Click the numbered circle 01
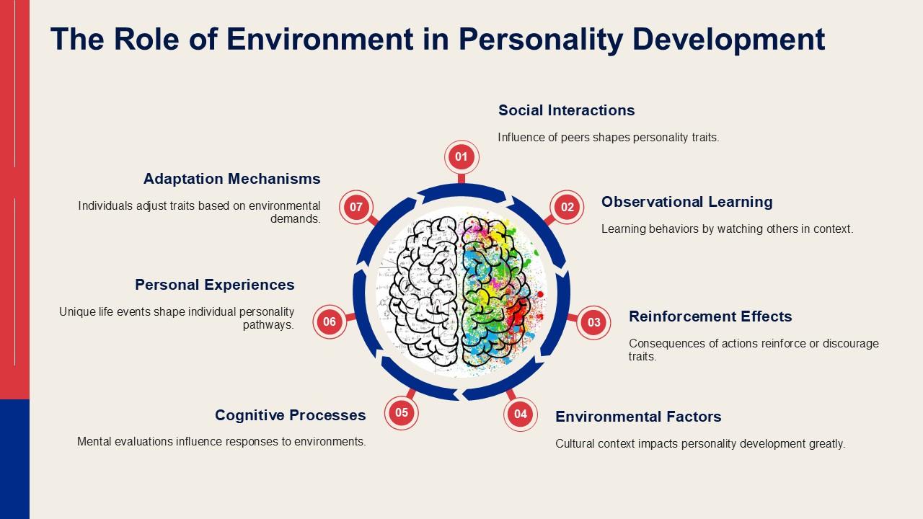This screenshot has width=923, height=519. pyautogui.click(x=461, y=157)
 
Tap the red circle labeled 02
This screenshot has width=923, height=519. pyautogui.click(x=567, y=207)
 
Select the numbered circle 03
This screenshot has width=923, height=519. pyautogui.click(x=593, y=322)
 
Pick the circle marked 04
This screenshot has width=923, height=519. pyautogui.click(x=521, y=414)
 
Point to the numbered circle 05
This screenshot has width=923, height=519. pyautogui.click(x=402, y=413)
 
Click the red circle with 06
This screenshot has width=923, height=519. pyautogui.click(x=330, y=321)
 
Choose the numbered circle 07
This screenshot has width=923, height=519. pyautogui.click(x=356, y=207)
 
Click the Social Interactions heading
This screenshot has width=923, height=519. pyautogui.click(x=566, y=110)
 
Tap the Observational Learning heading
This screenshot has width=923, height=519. pyautogui.click(x=687, y=203)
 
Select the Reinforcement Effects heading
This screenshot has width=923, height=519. pyautogui.click(x=710, y=316)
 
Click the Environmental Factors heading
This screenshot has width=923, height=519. pyautogui.click(x=638, y=417)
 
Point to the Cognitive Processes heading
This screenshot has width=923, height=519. pyautogui.click(x=290, y=415)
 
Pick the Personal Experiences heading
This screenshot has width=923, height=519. pyautogui.click(x=215, y=285)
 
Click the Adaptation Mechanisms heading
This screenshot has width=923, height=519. pyautogui.click(x=232, y=179)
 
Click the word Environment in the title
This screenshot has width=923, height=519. pyautogui.click(x=319, y=39)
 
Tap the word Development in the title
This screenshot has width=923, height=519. pyautogui.click(x=728, y=40)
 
